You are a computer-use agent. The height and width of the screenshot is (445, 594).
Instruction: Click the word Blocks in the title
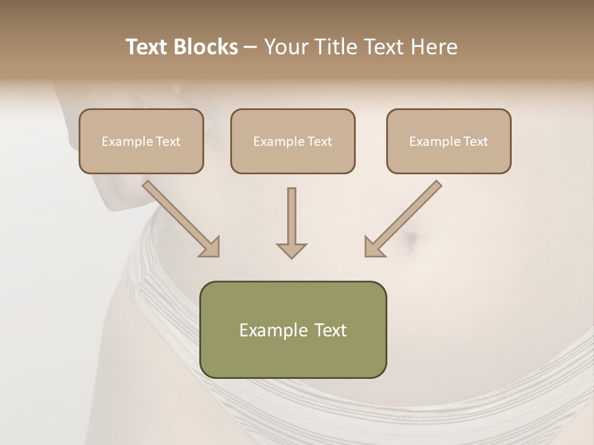click(x=207, y=47)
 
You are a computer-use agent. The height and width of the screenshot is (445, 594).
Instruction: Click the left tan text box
click(x=141, y=141)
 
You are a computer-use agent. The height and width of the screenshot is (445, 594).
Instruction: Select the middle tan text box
click(x=293, y=141)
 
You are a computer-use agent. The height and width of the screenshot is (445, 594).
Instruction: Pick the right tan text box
click(x=449, y=141)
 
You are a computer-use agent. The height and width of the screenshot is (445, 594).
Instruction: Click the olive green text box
click(x=293, y=329)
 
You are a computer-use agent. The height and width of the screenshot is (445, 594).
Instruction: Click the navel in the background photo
click(x=411, y=238)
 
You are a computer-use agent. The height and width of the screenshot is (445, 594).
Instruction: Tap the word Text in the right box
click(x=475, y=142)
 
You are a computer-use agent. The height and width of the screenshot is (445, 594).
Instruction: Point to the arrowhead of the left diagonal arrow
click(x=210, y=247)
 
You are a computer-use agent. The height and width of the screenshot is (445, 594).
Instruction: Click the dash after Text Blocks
click(x=251, y=47)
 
